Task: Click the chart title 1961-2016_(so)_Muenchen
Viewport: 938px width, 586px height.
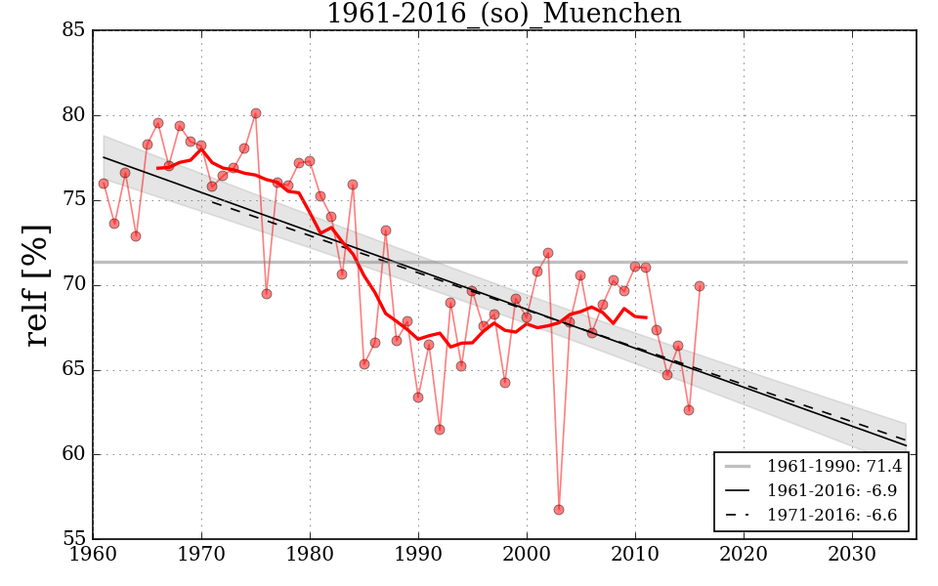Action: coord(503,14)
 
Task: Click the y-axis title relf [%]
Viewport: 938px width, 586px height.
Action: coord(37,285)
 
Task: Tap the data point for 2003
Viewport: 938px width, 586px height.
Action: coord(559,510)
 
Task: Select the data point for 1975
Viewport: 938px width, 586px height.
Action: coord(256,113)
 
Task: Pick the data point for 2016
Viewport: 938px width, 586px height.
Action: coord(700,286)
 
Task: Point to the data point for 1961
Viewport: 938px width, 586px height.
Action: coord(104,184)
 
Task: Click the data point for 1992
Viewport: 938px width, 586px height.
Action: coord(440,430)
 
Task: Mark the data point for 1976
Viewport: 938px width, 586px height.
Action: coord(267,294)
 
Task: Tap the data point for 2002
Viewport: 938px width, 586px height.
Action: coord(548,253)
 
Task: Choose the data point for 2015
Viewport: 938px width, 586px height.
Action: coord(689,410)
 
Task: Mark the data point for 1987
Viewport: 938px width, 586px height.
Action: coord(386,230)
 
